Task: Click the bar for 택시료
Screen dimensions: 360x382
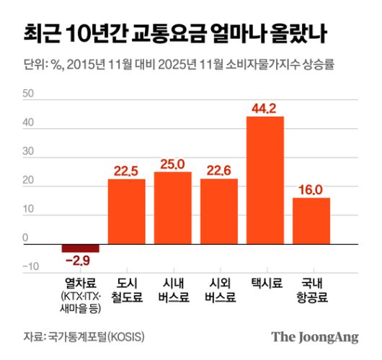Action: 265,180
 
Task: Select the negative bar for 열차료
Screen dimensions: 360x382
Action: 81,248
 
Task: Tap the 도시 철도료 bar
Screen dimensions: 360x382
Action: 127,212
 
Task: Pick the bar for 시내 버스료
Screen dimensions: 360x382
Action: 173,208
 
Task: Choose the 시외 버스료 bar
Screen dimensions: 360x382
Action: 219,212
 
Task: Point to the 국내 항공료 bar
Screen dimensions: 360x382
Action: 311,221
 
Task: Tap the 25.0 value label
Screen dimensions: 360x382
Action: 173,164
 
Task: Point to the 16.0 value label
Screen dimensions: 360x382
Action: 311,190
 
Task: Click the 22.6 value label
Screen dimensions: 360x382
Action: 219,171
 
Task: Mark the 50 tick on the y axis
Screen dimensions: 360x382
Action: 29,94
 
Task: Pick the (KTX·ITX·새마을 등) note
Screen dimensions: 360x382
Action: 81,302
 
